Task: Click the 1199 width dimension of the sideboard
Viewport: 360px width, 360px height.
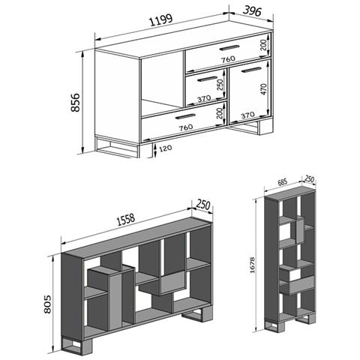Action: point(161,20)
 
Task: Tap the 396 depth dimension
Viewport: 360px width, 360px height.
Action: point(252,10)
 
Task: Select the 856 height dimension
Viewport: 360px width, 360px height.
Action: point(75,103)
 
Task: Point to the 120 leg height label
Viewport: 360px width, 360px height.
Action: point(166,148)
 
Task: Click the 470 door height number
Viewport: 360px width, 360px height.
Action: point(264,89)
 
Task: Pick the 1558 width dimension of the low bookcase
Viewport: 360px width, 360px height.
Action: point(126,220)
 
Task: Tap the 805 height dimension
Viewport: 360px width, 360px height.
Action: point(47,304)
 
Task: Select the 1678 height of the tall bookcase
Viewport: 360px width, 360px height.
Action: point(252,265)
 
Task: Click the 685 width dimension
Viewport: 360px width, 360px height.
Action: point(282,183)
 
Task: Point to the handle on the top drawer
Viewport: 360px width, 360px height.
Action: point(229,47)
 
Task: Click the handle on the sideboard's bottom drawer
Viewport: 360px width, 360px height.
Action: point(185,116)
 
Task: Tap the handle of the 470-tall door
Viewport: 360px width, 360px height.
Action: point(251,70)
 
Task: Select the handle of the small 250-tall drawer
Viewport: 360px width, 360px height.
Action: point(207,79)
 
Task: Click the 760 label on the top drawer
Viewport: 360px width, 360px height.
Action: point(228,59)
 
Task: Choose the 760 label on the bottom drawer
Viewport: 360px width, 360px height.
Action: point(186,127)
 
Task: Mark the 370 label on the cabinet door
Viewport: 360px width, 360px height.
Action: point(247,115)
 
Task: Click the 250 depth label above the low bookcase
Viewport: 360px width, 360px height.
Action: point(203,205)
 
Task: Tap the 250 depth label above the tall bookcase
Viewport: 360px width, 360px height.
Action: point(309,179)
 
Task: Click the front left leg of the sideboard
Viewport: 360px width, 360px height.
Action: point(118,147)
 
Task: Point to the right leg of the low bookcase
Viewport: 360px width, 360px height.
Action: point(197,313)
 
